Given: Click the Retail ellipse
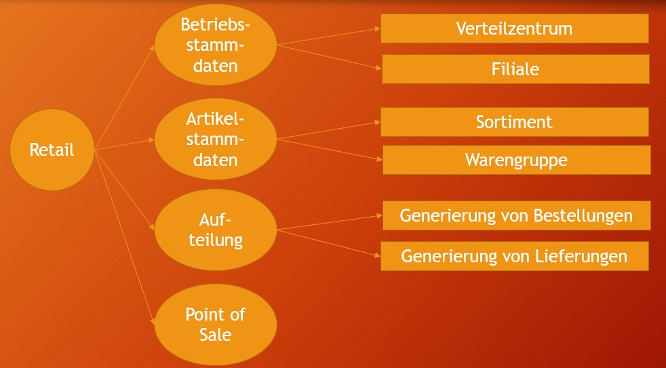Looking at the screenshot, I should pos(52,150).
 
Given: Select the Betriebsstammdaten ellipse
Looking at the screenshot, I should pos(216,46).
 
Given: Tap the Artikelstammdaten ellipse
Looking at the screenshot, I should pos(216,140).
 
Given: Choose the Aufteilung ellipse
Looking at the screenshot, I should pos(216,230).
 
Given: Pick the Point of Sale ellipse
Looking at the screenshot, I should pos(216,325).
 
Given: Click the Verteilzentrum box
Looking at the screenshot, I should pos(514,28).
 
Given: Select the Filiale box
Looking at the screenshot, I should pos(515,69).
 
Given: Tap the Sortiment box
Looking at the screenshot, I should pos(514,122).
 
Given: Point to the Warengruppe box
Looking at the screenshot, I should pos(516,160).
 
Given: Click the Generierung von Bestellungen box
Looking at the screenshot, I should pos(516,216).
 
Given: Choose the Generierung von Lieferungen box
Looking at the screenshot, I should pos(514,256).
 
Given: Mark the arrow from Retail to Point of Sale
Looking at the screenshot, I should pos(125,237).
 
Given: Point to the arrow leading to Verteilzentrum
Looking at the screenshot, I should pos(328,37).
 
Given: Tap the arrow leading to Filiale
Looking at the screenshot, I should pos(328,56).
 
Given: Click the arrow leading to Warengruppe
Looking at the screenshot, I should pos(328,150).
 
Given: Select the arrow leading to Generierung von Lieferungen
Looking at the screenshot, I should pos(328,243).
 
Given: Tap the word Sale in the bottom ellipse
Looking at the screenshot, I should pos(216,334).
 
